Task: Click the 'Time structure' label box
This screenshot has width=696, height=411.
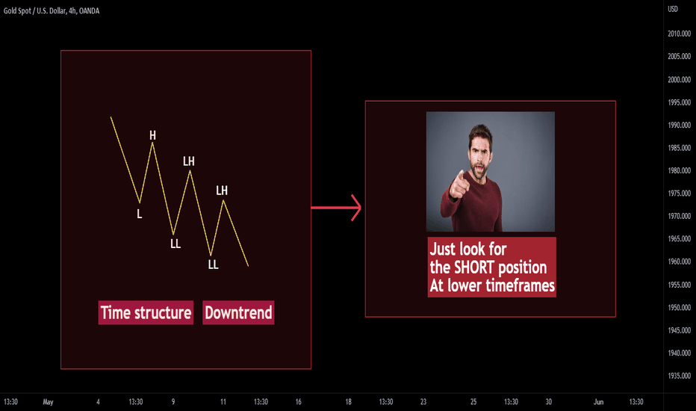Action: coord(146,312)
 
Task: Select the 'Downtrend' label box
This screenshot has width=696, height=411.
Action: coord(238,312)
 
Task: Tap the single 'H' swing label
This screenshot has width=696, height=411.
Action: coord(152,135)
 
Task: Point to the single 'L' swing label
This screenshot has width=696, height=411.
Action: coord(140,214)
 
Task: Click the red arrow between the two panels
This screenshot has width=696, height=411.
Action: coord(336,208)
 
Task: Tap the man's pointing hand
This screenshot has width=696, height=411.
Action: coord(459,184)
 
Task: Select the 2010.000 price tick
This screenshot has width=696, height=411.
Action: coord(679,34)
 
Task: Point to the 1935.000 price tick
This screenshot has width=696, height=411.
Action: coord(679,376)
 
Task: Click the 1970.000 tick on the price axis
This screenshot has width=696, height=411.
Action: coord(679,217)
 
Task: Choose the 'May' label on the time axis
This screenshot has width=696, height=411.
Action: coord(48,402)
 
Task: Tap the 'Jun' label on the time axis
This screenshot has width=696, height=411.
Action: coord(598,402)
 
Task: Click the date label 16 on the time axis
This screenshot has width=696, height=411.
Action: coord(298,402)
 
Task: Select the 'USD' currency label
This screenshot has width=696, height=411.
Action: coord(673,9)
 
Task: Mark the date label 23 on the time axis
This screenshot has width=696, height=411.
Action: coord(423,402)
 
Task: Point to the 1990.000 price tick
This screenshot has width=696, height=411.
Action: coord(679,125)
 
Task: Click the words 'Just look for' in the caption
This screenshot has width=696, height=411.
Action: coord(468,249)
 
